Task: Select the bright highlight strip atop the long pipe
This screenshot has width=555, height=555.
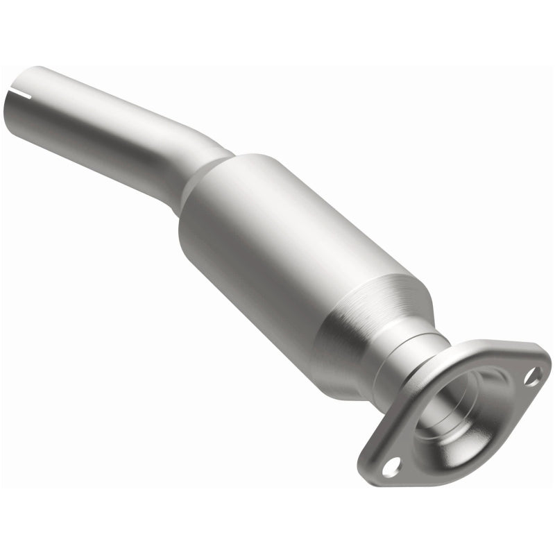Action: tap(104, 97)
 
